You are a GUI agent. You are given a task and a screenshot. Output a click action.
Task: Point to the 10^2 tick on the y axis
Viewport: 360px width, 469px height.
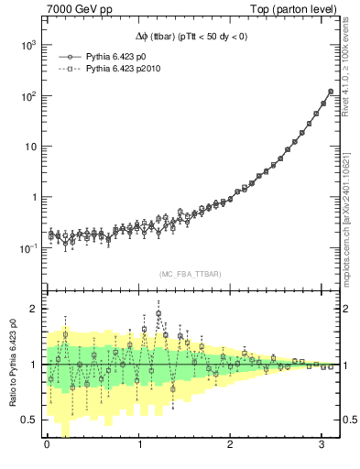tap(27, 96)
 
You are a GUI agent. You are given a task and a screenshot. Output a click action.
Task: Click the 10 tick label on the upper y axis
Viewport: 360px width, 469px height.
tap(29, 147)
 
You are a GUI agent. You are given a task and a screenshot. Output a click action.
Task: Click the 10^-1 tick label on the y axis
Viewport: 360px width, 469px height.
tap(27, 248)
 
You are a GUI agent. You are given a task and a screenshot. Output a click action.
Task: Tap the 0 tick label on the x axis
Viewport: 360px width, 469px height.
tap(48, 445)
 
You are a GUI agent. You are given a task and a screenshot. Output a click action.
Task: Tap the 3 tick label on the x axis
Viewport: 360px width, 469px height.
tap(322, 445)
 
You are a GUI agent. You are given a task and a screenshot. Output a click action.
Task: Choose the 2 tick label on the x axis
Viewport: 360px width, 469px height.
tap(231, 445)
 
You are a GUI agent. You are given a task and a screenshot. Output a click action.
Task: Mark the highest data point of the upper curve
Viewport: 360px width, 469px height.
tap(331, 92)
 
